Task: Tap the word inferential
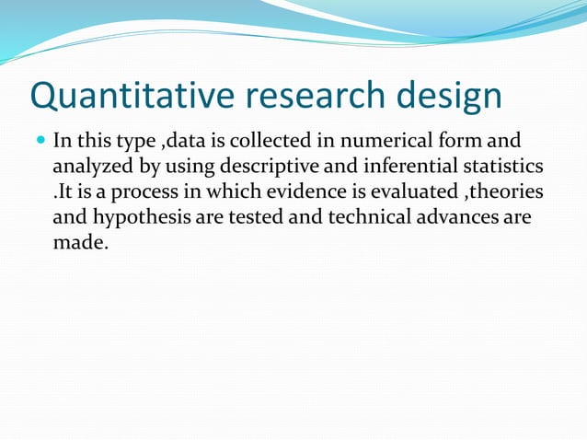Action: (x=397, y=168)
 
